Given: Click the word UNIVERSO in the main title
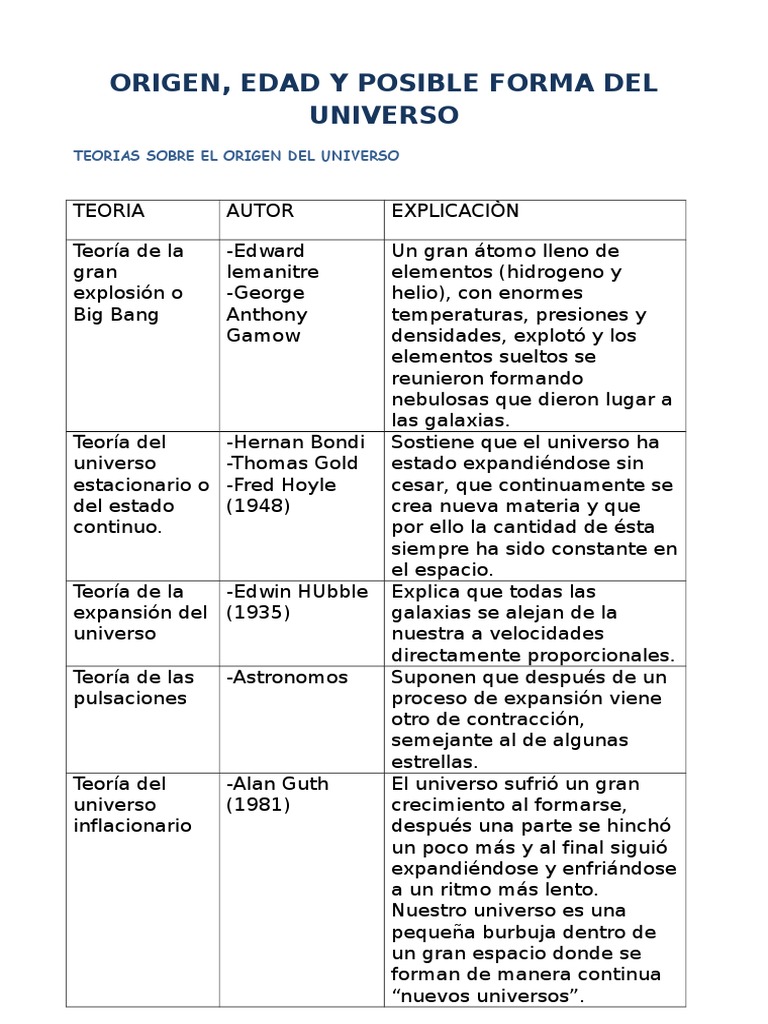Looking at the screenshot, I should (384, 115).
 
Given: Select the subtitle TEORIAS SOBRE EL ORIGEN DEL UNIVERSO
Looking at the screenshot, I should (237, 156).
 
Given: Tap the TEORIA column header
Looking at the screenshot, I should (109, 211).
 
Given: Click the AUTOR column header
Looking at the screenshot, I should (260, 211).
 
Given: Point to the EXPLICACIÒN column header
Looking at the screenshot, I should (455, 211).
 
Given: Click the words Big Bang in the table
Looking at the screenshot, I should (116, 315).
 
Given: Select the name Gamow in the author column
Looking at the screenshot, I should (263, 336).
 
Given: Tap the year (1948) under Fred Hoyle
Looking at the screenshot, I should (258, 506).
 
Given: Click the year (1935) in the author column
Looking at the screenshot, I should (258, 612).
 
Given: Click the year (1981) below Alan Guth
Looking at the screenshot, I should (258, 804).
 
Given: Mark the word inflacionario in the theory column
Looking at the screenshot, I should (132, 826).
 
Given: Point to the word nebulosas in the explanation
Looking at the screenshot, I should (436, 400).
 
